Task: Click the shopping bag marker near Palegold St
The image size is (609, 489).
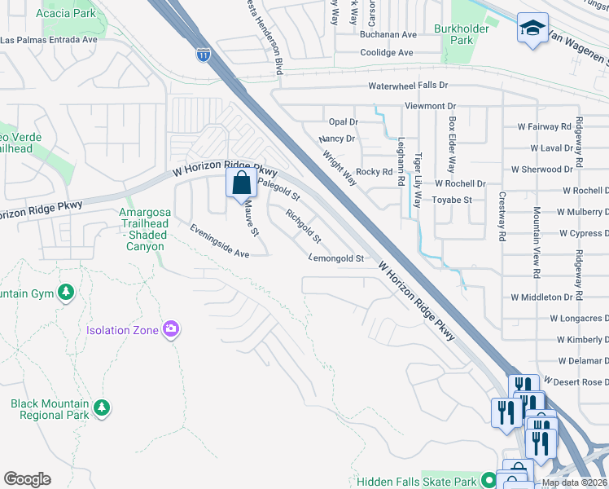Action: point(242,183)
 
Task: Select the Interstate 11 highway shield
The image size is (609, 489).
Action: point(203,55)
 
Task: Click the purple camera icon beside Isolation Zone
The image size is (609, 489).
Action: point(171,329)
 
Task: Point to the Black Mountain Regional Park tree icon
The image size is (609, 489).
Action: point(102,406)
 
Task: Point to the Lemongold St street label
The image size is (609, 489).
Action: point(336,258)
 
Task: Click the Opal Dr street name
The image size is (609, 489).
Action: point(343,121)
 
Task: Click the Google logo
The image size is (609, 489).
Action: point(27,479)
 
